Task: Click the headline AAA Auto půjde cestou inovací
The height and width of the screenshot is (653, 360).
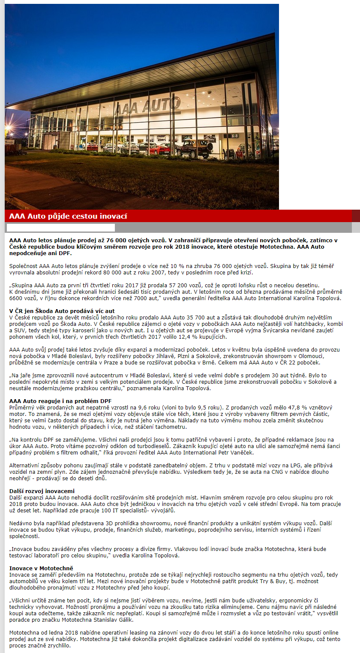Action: click(68, 216)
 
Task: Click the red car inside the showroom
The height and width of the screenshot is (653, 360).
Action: click(161, 149)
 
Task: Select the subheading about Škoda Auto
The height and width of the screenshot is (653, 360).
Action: click(62, 311)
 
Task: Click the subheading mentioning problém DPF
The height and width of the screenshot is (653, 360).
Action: click(60, 401)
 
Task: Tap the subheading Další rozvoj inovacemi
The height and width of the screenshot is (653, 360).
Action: click(42, 491)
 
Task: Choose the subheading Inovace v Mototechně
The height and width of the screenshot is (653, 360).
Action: click(41, 568)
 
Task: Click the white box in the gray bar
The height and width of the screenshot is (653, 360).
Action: click(61, 228)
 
